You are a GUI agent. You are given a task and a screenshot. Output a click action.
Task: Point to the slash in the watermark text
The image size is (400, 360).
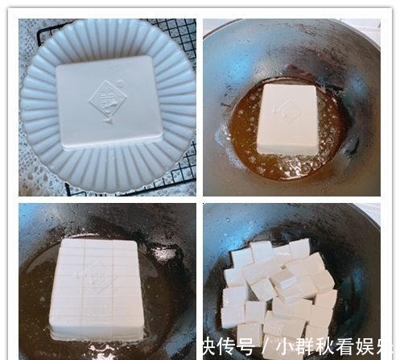(266, 347)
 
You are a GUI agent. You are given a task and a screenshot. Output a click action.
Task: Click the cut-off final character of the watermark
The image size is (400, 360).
(388, 347)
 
